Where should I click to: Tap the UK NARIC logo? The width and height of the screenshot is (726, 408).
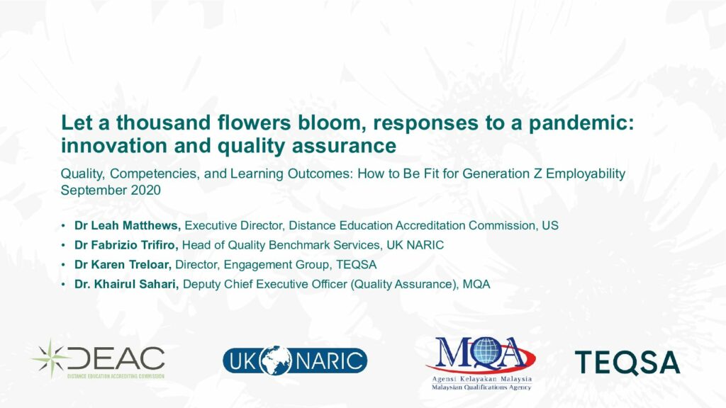295,361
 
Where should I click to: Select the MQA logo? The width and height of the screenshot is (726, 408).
481,363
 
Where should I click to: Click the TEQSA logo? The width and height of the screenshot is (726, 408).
627,362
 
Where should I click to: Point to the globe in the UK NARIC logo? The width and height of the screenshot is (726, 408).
276,361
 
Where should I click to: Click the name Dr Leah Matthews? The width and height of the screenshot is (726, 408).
128,226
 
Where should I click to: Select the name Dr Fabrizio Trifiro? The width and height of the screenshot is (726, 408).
126,245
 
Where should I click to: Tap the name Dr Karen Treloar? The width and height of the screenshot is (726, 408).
123,265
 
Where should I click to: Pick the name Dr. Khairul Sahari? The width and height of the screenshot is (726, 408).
126,284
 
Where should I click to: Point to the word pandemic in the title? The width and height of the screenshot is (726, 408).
581,123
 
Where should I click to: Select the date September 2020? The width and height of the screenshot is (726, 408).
111,190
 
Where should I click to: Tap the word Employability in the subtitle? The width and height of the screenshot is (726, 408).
586,174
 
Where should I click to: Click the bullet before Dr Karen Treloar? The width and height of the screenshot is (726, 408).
63,265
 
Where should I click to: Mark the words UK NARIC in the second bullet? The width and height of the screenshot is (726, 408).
415,245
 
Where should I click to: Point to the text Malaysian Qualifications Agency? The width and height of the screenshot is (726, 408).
481,387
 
